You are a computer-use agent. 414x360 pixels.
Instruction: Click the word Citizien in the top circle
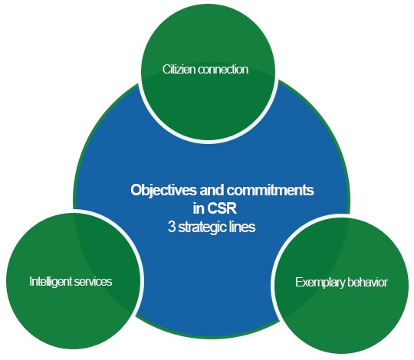pos(179,70)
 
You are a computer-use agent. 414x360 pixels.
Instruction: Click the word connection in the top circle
pos(223,70)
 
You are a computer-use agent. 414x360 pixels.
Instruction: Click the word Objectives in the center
pos(164,190)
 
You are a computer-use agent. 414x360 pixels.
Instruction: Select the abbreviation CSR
pos(222,208)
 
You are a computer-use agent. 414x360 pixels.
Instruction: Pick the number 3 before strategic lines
pos(172,227)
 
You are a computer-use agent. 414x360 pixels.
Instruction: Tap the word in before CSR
pos(199,208)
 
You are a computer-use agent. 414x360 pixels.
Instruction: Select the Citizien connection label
pos(205,70)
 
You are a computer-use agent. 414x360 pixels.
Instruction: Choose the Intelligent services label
pos(71,282)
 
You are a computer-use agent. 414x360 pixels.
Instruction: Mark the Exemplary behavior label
pos(341,283)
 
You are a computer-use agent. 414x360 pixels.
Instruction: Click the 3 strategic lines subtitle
pos(212,227)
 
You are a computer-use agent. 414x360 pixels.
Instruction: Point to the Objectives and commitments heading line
pos(222,191)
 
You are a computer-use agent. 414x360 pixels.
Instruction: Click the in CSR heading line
pos(215,208)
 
